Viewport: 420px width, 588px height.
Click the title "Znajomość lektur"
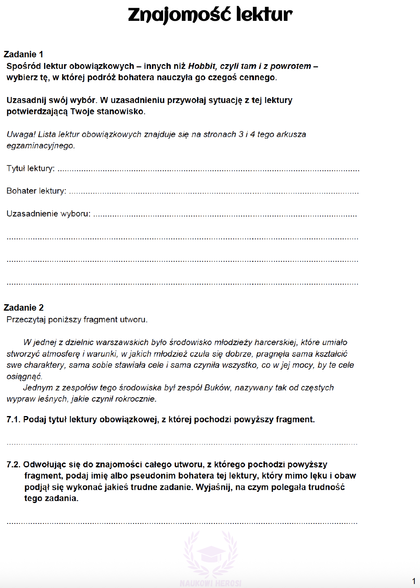210,14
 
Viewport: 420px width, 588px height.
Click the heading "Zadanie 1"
23,54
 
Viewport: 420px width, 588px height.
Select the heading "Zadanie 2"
23,307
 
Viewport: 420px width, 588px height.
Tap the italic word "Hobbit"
202,66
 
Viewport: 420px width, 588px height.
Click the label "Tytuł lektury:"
31,168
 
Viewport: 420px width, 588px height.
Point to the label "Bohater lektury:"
36,191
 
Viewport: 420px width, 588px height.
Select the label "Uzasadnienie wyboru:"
48,214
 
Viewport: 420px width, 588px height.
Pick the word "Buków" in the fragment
217,388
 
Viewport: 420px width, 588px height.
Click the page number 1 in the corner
414,581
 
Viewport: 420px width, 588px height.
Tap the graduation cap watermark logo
211,555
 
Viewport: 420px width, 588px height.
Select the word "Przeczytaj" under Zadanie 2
26,319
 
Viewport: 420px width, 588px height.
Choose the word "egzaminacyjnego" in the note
40,145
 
